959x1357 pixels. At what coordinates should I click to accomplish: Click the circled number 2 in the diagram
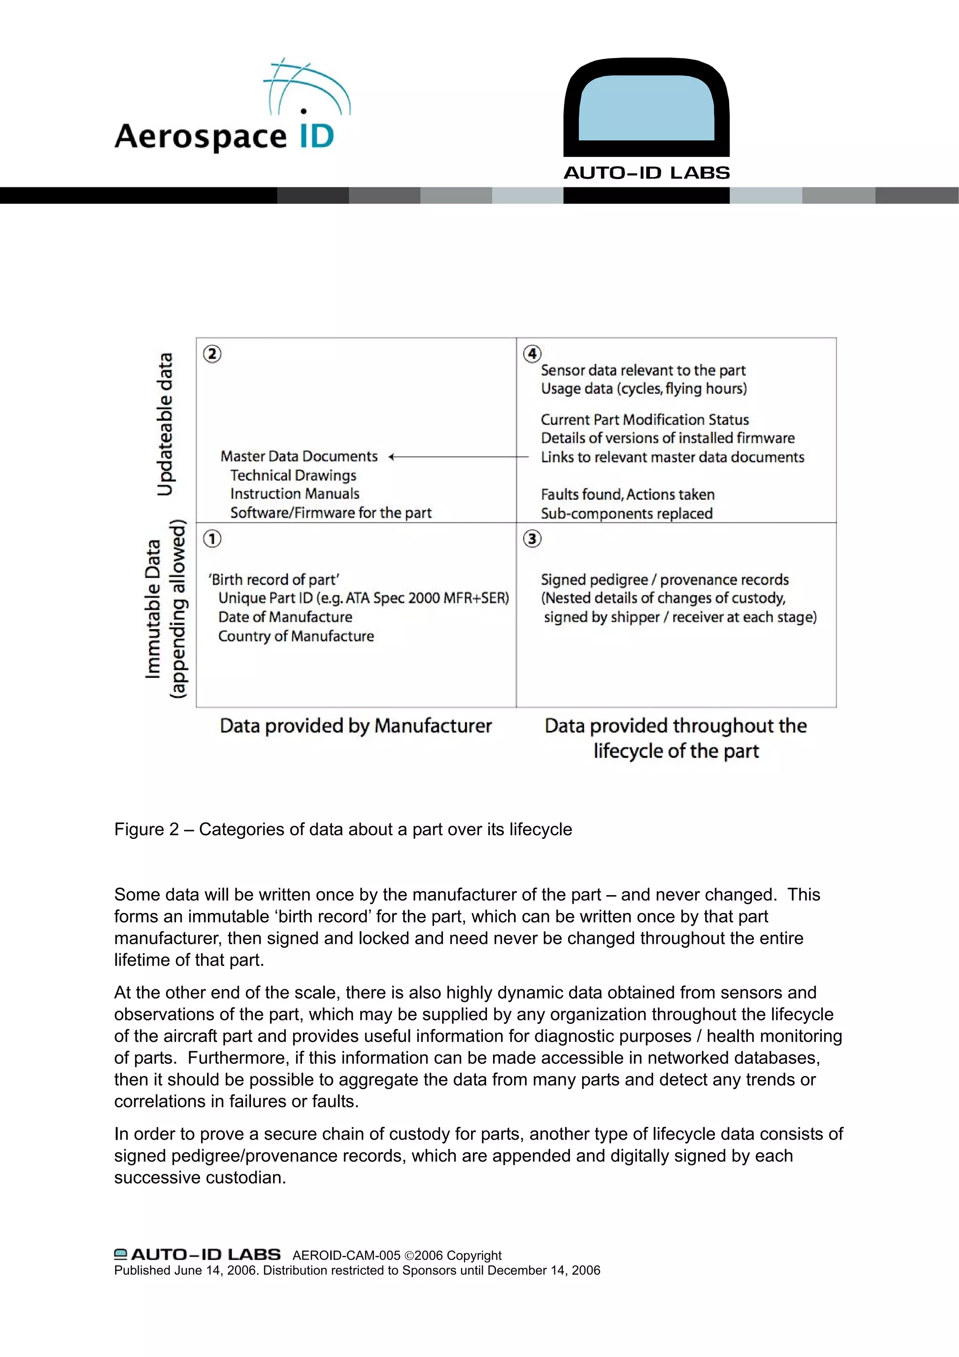click(x=212, y=354)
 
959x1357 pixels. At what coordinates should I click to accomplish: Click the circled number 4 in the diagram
click(x=532, y=354)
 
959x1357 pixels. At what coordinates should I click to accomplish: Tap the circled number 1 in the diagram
click(x=212, y=538)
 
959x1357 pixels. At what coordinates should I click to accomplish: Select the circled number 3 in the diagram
click(x=532, y=538)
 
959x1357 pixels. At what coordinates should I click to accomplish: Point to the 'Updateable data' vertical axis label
click(x=165, y=424)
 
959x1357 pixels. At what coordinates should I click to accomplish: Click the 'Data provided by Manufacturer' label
click(x=356, y=726)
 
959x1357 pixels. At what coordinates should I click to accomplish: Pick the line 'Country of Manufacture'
click(x=296, y=636)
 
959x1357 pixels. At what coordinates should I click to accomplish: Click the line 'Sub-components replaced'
click(x=627, y=513)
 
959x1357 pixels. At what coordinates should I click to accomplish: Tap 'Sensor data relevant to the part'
click(x=643, y=371)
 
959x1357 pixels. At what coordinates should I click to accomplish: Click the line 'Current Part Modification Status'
click(x=645, y=420)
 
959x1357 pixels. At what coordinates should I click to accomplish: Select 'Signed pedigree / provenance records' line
click(x=665, y=580)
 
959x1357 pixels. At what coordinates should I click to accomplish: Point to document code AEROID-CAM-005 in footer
click(x=346, y=1255)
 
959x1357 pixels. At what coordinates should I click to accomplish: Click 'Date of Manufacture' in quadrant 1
click(x=285, y=617)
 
